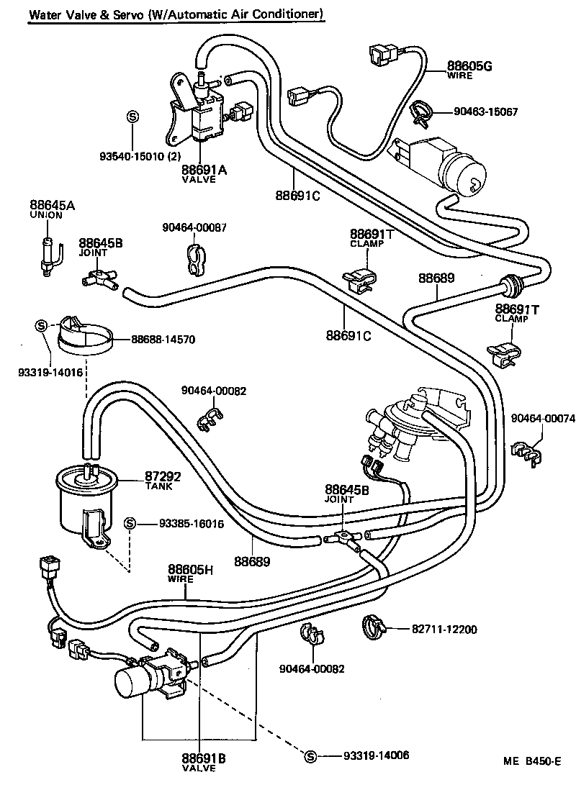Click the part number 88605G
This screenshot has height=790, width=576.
click(469, 66)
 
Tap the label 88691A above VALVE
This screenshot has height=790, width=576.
click(204, 170)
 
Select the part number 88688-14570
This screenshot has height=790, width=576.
click(163, 339)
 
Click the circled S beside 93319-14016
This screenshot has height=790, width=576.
click(40, 325)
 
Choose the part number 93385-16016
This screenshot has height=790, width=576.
click(192, 523)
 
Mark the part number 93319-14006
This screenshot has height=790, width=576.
click(376, 755)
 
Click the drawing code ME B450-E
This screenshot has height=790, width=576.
click(531, 761)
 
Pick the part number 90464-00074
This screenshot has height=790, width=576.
click(543, 419)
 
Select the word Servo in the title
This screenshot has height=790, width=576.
click(127, 14)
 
